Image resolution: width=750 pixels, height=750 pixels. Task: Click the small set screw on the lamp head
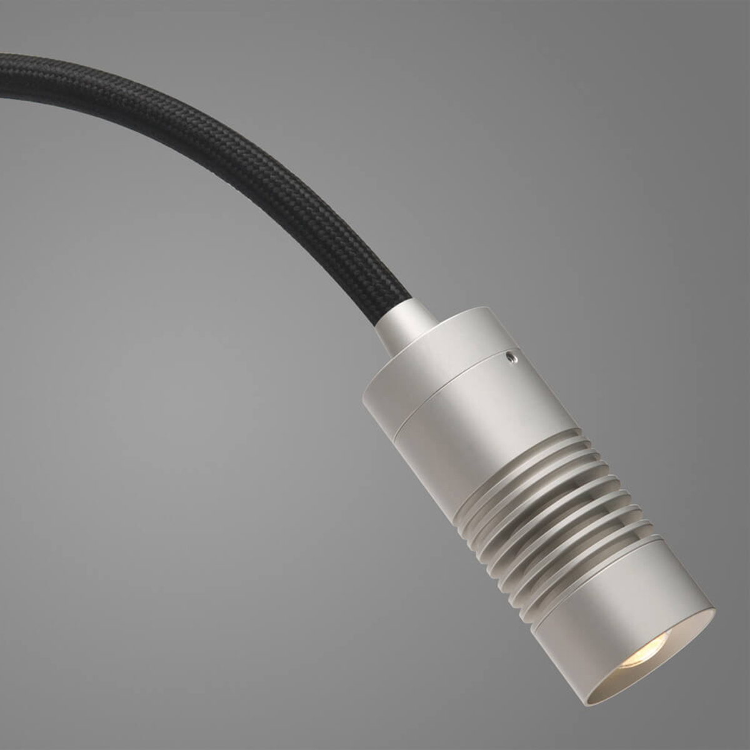click(511, 356)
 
